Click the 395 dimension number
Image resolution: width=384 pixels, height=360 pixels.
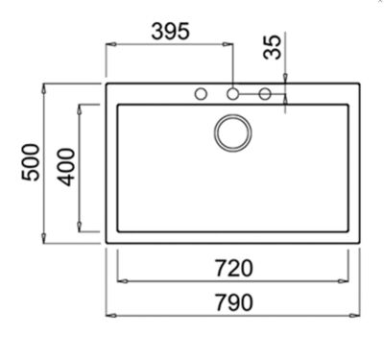[171, 32]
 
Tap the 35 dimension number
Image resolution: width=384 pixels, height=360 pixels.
[273, 47]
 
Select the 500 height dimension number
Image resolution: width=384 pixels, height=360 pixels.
[31, 162]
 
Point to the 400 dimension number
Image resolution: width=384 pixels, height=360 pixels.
[66, 167]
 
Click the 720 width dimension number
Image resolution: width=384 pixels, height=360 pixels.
[234, 268]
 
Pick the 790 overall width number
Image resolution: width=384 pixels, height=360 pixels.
[234, 302]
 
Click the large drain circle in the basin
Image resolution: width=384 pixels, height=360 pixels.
[233, 132]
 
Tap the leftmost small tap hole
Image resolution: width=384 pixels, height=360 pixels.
[201, 94]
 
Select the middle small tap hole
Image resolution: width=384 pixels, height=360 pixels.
[232, 94]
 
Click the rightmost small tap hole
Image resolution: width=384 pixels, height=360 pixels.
[265, 94]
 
